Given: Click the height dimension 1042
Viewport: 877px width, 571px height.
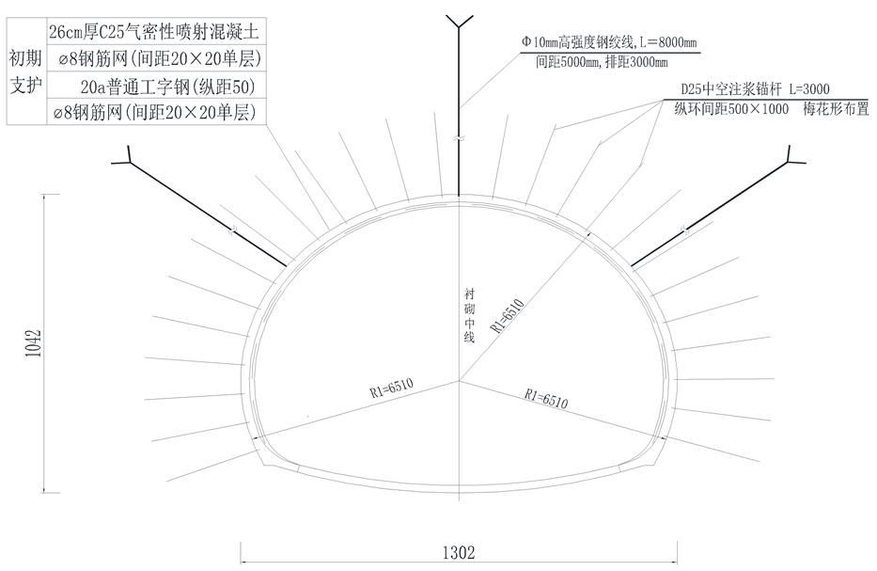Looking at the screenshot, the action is tap(32, 343).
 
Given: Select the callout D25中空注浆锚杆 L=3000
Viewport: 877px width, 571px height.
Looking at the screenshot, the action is tap(757, 88).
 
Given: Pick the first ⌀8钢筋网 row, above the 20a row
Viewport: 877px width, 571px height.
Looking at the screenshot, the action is tap(153, 59).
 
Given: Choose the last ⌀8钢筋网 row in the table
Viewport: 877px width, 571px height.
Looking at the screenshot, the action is tap(153, 113).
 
